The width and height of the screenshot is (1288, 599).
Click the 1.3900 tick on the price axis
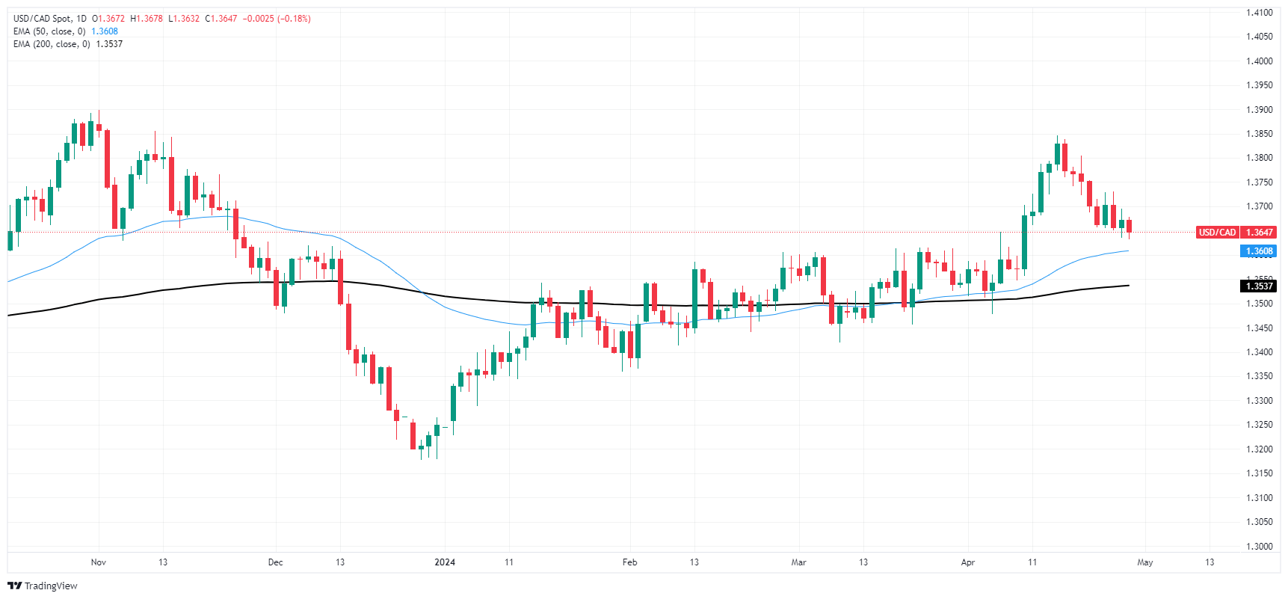(1259, 110)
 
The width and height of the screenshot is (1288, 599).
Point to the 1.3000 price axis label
(1259, 547)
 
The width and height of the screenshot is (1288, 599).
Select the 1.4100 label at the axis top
(1259, 13)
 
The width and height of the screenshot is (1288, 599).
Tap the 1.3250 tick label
(1259, 425)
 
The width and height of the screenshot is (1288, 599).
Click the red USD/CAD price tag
(1217, 233)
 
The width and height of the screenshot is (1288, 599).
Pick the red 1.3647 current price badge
(1260, 233)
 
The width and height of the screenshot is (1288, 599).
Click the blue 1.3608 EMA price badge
(1259, 251)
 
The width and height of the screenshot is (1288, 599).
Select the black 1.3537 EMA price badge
(1259, 286)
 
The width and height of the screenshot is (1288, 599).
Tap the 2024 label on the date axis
(445, 562)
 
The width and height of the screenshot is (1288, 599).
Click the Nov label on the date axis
(99, 562)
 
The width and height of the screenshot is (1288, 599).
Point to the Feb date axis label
(629, 562)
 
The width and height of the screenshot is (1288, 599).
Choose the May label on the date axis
(1145, 562)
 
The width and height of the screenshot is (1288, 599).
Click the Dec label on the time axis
(275, 562)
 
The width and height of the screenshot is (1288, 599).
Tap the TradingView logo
(43, 586)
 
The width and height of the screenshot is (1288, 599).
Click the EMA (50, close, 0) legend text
(49, 31)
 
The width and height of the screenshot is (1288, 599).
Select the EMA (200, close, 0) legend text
(52, 44)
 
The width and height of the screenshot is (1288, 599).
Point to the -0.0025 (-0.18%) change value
(277, 19)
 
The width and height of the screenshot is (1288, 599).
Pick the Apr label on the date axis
(968, 562)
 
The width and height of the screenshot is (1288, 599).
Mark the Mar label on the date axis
(799, 562)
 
